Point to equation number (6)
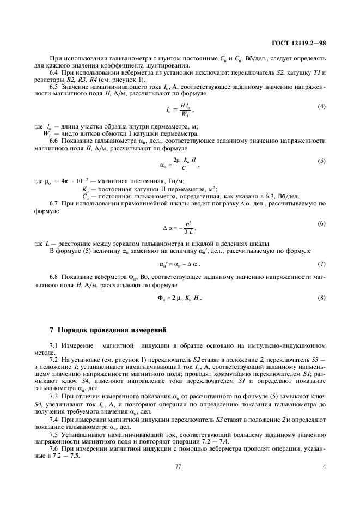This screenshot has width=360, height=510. tap(322, 224)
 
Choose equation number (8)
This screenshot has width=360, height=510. tap(322, 298)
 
